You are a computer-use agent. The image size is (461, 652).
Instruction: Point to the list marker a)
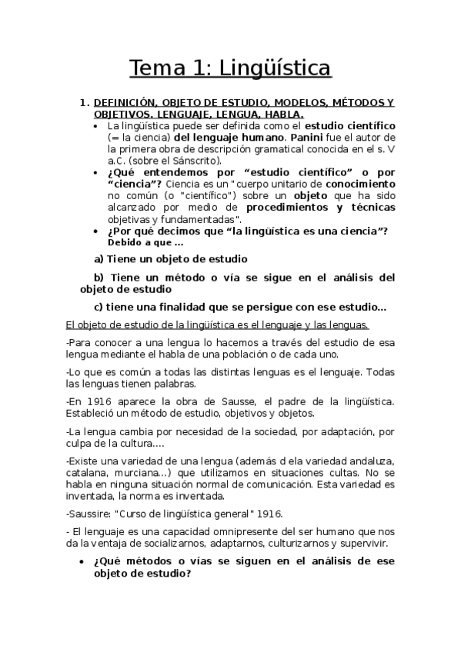[99, 260]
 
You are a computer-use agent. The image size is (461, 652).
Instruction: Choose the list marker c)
[99, 307]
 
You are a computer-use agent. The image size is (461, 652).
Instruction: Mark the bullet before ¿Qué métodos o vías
[82, 562]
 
